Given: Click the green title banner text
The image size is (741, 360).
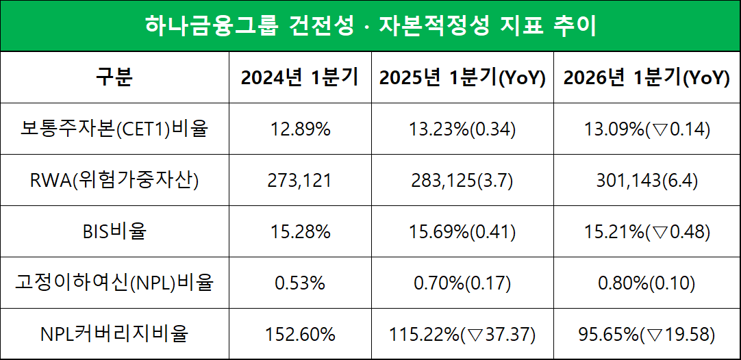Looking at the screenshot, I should pyautogui.click(x=370, y=26).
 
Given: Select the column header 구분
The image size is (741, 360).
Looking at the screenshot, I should pyautogui.click(x=114, y=77).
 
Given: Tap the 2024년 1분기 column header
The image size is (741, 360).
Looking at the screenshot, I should pyautogui.click(x=299, y=77).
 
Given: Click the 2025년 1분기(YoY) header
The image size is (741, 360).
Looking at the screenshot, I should pyautogui.click(x=462, y=77).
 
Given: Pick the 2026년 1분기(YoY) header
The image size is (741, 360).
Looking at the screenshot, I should pyautogui.click(x=646, y=77).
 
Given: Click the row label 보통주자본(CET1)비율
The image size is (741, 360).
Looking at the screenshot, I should pyautogui.click(x=114, y=129).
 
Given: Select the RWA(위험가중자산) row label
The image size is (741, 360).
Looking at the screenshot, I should pyautogui.click(x=114, y=180).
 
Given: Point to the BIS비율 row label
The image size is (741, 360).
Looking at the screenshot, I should pyautogui.click(x=114, y=231).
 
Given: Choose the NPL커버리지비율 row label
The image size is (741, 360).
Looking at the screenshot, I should pyautogui.click(x=114, y=334).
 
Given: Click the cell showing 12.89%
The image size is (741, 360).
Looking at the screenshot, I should pyautogui.click(x=299, y=129).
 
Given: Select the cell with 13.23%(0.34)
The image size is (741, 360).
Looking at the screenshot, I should pyautogui.click(x=462, y=129).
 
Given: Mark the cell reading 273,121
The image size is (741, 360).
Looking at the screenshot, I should pyautogui.click(x=299, y=180).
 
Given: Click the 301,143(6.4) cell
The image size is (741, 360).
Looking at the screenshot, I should pyautogui.click(x=646, y=180).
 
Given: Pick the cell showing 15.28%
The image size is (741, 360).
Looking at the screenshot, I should pyautogui.click(x=299, y=231).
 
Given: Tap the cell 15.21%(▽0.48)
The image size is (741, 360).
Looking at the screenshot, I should pyautogui.click(x=646, y=231).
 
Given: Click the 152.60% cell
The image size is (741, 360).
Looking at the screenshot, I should pyautogui.click(x=299, y=334).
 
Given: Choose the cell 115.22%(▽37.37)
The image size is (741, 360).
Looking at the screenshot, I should pyautogui.click(x=462, y=334).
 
